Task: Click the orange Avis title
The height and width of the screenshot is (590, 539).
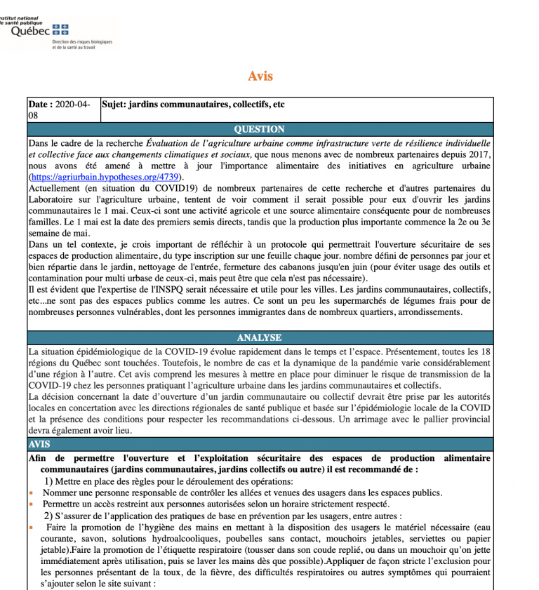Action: [x=260, y=76]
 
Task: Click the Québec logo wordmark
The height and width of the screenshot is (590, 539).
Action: [x=30, y=30]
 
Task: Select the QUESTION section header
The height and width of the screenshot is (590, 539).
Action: [x=260, y=129]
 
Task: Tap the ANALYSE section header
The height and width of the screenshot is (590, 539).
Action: [x=260, y=337]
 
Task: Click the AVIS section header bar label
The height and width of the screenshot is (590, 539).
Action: [x=39, y=445]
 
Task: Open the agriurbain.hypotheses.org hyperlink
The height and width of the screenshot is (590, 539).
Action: [x=105, y=177]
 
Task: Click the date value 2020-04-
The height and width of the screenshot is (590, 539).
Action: [x=72, y=105]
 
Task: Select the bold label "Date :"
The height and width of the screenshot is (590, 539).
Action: [x=41, y=105]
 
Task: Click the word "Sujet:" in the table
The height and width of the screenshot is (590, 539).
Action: [x=117, y=105]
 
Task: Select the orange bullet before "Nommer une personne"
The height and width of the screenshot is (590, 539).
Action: [x=32, y=493]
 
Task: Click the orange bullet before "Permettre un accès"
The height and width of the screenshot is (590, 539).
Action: [x=32, y=504]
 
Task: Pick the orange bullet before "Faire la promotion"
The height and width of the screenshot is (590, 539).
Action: [x=32, y=527]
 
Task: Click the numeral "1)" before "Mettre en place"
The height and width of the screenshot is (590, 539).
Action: [x=50, y=481]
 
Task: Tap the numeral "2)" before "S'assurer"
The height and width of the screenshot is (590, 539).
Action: [x=50, y=516]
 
